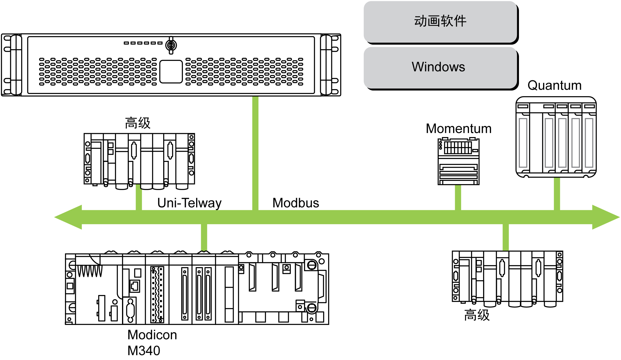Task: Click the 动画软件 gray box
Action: (440, 21)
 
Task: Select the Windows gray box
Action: (440, 67)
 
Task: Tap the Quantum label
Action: (554, 86)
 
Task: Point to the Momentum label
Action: (458, 129)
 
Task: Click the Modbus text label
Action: (296, 203)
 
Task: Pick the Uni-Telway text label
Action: (189, 203)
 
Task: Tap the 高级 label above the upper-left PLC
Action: (138, 123)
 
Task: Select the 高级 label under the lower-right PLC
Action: (477, 315)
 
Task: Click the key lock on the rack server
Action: (171, 45)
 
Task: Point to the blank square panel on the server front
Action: (171, 72)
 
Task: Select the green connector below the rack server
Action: (255, 153)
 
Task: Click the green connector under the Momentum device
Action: (458, 197)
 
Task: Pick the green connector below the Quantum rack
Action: (557, 194)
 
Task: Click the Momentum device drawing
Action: (458, 162)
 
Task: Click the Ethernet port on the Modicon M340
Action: (135, 286)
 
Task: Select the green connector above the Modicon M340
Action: (204, 238)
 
